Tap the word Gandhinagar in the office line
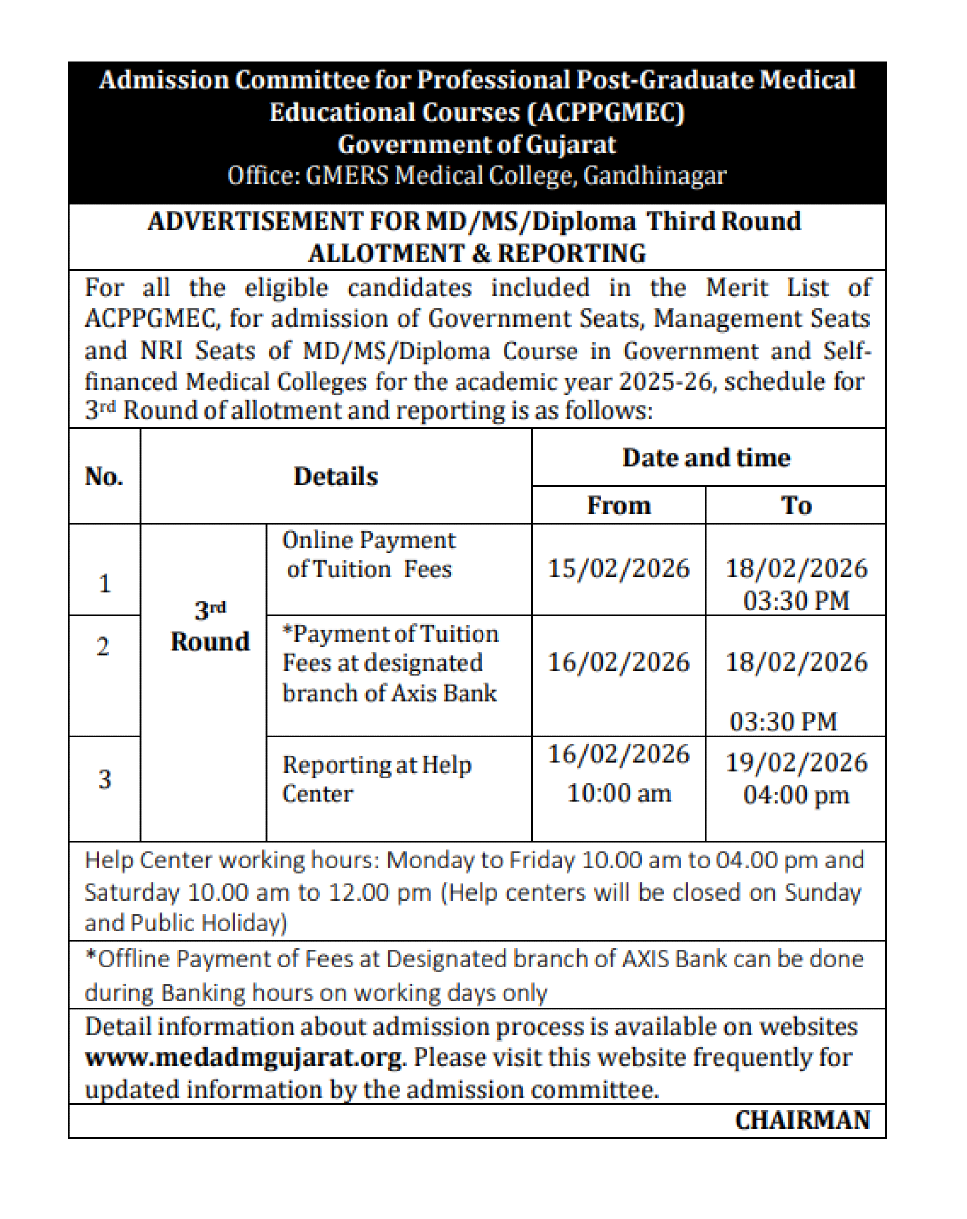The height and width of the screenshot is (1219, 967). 654,175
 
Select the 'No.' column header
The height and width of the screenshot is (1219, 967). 104,476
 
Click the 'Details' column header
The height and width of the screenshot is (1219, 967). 336,476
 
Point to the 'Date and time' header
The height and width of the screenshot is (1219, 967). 706,458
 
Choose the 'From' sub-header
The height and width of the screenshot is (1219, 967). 618,505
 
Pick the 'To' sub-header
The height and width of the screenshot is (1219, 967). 796,505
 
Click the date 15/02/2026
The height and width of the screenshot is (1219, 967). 618,568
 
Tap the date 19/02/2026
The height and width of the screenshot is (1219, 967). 796,762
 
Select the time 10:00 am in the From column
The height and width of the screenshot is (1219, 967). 618,793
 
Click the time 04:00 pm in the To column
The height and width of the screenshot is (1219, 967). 796,795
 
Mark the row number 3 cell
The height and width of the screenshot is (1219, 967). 104,779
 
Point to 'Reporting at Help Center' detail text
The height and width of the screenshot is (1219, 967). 376,779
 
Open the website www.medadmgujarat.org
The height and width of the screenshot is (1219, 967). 244,1057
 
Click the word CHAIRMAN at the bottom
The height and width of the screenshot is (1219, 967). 801,1119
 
